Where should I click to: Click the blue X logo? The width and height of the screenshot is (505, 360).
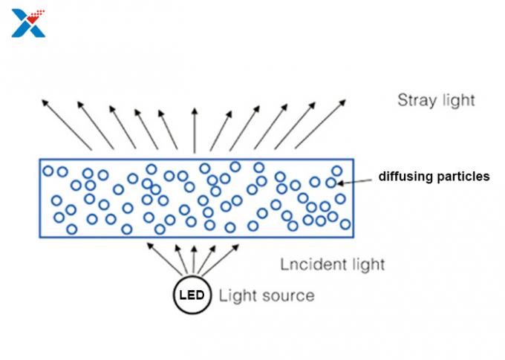28,23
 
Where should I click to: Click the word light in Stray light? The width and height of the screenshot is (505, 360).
459,100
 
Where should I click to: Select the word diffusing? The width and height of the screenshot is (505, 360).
404,177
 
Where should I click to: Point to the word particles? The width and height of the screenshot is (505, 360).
461,177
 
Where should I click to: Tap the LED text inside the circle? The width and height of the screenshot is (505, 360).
192,295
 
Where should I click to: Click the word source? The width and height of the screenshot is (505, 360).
287,295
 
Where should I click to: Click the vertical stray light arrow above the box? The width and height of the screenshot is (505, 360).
195,131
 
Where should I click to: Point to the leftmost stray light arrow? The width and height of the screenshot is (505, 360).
67,125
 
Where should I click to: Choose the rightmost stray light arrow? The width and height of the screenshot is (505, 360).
321,124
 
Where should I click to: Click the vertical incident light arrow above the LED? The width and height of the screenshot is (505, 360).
194,260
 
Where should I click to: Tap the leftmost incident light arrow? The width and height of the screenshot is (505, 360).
165,259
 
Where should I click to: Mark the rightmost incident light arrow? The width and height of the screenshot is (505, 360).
220,260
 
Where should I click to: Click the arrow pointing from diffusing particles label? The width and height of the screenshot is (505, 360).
353,182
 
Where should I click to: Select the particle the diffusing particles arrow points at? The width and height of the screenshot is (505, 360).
330,183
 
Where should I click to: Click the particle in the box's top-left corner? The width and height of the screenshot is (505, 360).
48,171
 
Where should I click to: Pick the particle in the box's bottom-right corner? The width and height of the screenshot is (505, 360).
345,224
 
